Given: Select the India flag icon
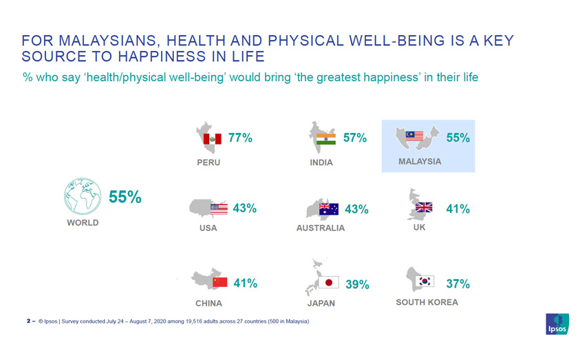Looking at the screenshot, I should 326,139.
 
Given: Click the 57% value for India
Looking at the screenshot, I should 355,138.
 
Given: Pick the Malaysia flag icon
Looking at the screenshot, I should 415,136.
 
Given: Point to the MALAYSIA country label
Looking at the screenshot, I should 420,162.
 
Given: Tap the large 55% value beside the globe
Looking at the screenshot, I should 125,197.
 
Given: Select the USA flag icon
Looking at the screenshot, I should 219,209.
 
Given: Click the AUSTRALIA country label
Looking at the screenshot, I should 321,228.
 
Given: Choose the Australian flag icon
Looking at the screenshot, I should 329,209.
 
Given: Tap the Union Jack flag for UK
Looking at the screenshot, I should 424,207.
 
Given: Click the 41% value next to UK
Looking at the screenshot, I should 458,209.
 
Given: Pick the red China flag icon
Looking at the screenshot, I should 220,282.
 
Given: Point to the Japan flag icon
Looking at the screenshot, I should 329,283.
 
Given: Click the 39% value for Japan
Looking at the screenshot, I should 357,284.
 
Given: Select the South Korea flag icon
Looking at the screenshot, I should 426,281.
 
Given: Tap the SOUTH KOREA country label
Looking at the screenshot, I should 427,302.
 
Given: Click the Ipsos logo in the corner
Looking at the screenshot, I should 557,324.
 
